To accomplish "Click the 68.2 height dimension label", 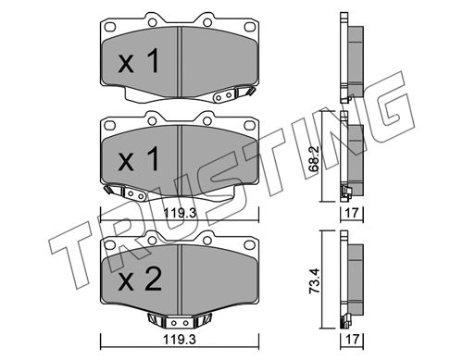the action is click(315, 159).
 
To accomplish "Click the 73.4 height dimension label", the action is click(315, 281).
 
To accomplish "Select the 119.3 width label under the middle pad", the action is click(180, 213).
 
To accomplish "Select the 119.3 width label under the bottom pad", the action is click(180, 340).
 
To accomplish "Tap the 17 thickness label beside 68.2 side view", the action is click(352, 213).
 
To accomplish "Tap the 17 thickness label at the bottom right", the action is click(352, 340).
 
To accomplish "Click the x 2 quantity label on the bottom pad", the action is click(140, 279).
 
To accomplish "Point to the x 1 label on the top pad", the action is click(139, 61).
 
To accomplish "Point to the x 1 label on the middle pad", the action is click(139, 159).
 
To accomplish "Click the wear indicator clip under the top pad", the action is click(233, 94).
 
